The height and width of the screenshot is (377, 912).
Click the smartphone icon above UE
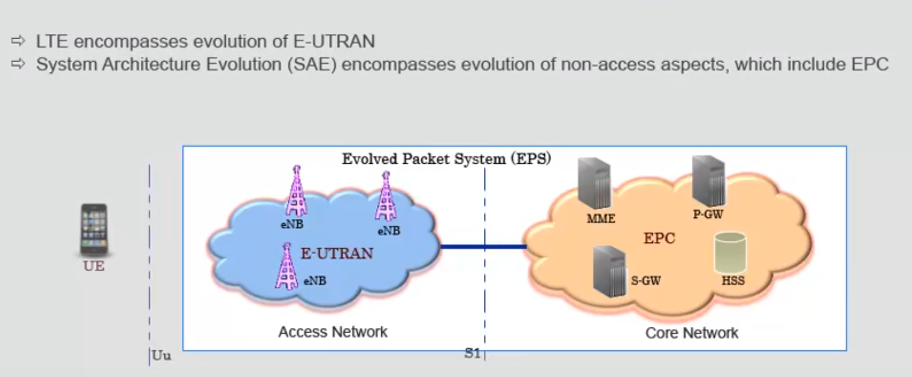point(94,229)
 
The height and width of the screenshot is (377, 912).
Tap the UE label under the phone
point(94,266)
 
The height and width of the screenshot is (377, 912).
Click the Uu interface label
point(161,356)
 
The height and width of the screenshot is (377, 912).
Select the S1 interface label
point(473,354)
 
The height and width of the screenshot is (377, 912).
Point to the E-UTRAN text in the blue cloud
point(337,253)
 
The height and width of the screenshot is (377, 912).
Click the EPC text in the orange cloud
point(659,238)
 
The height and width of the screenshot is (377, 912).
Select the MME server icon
point(594,184)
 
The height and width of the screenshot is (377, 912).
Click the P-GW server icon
point(709,181)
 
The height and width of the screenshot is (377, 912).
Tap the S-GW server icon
point(609,270)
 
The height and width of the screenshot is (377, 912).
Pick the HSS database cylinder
point(730,253)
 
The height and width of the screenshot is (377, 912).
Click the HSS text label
point(733,281)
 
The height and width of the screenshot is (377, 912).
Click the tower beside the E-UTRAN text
point(286,266)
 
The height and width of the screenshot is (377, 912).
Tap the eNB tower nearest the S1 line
point(386,197)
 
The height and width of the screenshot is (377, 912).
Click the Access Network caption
point(333,332)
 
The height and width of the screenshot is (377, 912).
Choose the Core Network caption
point(691,333)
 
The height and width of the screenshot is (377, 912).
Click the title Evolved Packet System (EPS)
point(446,159)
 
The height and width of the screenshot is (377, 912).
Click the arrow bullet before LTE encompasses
point(19,41)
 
